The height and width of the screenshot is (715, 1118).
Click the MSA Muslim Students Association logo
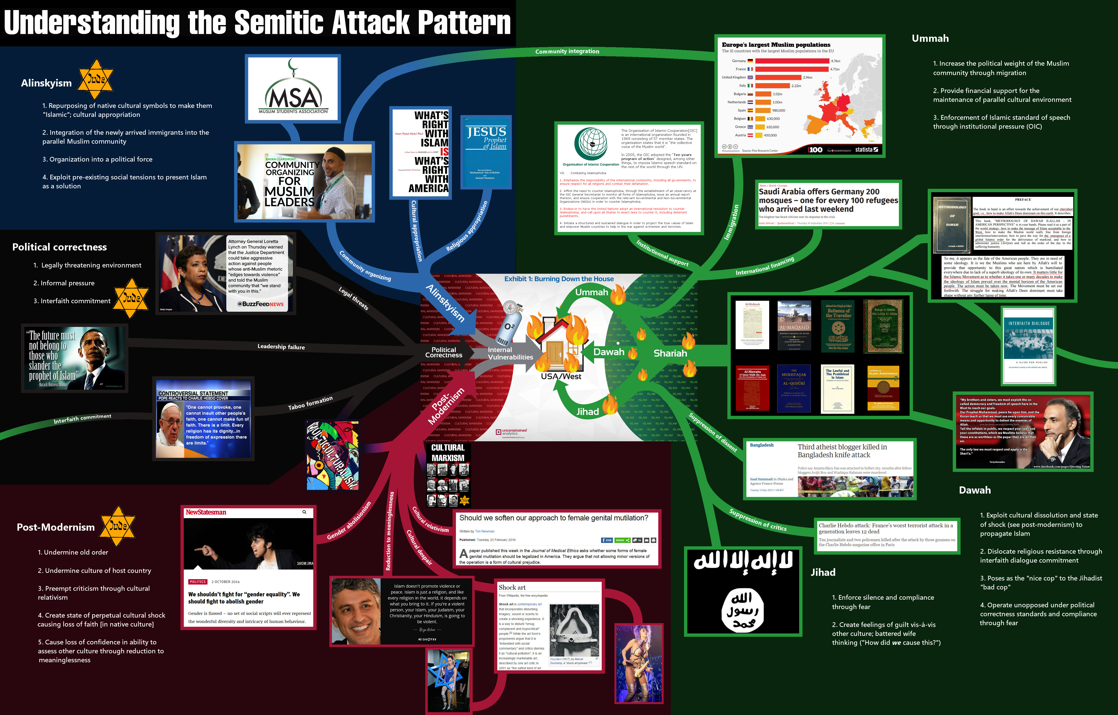coord(293,88)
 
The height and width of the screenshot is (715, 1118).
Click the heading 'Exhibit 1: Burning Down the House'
coord(559,279)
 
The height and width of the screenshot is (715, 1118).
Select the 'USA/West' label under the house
coord(561,376)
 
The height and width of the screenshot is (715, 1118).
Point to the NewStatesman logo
coord(206,512)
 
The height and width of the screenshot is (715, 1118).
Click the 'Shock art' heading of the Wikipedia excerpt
coord(512,587)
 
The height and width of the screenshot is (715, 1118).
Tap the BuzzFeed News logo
coord(260,304)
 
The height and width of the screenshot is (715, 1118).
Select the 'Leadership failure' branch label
coord(281,347)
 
